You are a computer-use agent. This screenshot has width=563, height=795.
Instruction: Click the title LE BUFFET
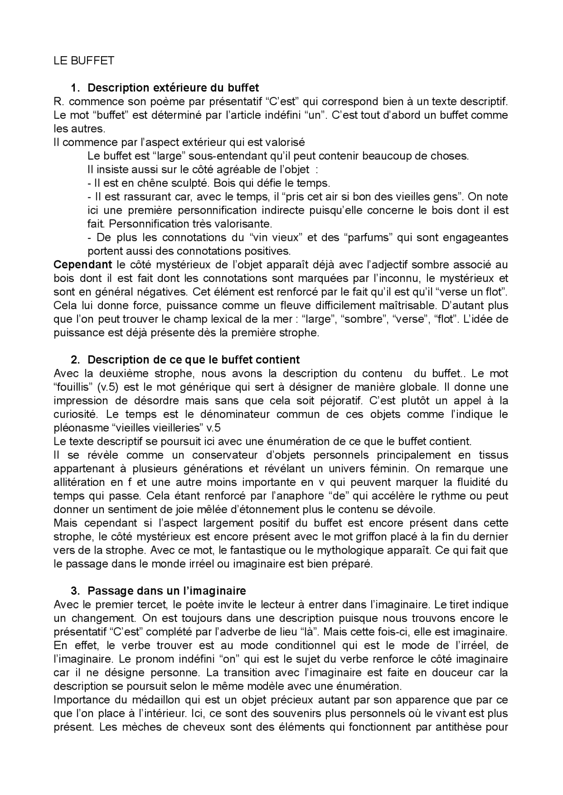[84, 61]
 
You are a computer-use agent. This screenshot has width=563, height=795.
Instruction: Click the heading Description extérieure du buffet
[173, 88]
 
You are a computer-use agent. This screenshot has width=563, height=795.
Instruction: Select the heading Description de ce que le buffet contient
[194, 360]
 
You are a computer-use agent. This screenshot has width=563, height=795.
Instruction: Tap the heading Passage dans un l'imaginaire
[167, 591]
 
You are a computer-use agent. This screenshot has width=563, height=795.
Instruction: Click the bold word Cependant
[83, 265]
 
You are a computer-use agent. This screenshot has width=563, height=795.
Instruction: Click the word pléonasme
[81, 428]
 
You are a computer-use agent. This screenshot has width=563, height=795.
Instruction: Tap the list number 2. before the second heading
[75, 360]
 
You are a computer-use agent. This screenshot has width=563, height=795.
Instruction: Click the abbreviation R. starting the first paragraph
[58, 102]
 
